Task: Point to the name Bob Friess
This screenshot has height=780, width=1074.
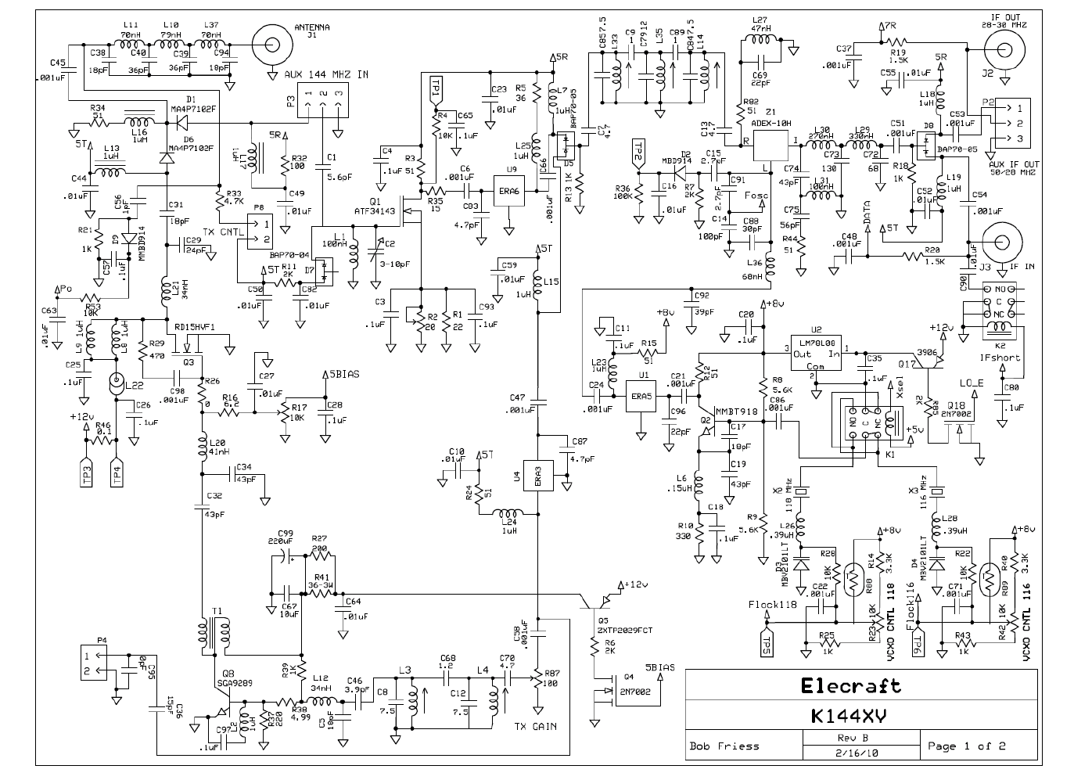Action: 724,746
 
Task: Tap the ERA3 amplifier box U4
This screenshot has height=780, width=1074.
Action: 538,474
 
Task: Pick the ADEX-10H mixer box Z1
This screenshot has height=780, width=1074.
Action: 770,146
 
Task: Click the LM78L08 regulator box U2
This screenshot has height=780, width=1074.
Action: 814,354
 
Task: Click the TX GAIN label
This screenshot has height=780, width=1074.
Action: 536,726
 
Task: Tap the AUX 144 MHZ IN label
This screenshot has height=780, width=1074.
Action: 327,74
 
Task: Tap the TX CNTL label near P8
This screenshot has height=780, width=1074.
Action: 224,232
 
